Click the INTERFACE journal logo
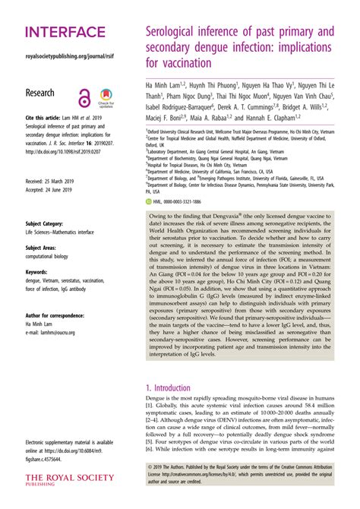65,32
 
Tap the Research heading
40,93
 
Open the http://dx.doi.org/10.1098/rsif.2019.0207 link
67,151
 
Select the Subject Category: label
49,224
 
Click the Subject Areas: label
45,248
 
